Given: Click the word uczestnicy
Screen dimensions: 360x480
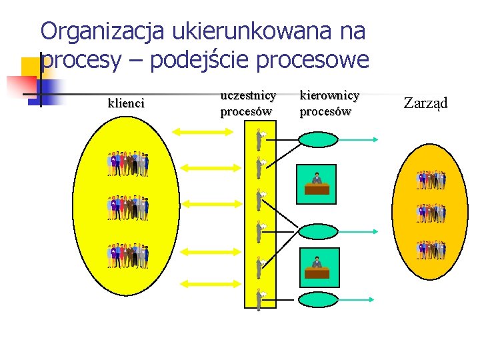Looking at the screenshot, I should pos(247,96).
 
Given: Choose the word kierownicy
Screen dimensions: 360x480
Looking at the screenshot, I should pos(329,96).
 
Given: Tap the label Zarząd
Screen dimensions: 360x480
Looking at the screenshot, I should pos(426,103).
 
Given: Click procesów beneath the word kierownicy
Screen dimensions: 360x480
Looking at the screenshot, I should pos(325,111).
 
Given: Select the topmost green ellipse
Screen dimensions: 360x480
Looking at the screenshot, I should pos(318,139).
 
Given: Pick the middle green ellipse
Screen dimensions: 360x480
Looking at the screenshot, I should pos(318,231).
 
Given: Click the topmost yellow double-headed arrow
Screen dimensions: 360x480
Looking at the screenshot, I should pos(205,132).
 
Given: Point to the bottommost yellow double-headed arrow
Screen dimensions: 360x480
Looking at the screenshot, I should pos(205,284).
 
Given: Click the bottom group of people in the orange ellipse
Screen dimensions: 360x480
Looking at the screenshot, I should pos(431,250).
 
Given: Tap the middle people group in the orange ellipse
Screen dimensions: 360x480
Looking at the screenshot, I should pos(431,213).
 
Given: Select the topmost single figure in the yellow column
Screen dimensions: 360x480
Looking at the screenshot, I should pos(260,139).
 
